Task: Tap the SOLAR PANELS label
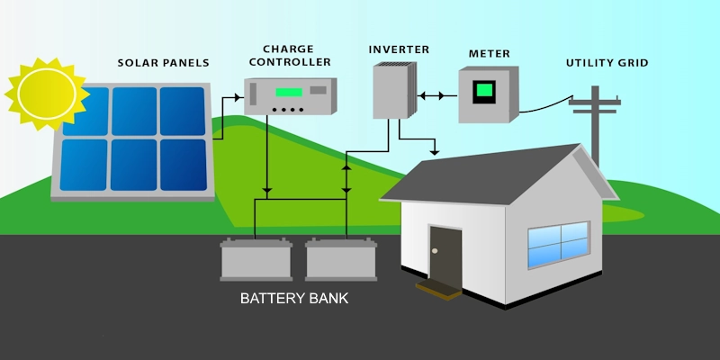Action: coord(163,63)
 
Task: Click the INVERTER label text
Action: coord(399,49)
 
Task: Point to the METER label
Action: coord(489,54)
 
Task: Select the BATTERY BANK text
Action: coord(293,297)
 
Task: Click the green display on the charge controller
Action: coord(289,92)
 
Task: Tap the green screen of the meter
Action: coord(484,90)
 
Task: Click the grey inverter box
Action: coord(391,90)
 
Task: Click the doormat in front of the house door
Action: coord(440,288)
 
